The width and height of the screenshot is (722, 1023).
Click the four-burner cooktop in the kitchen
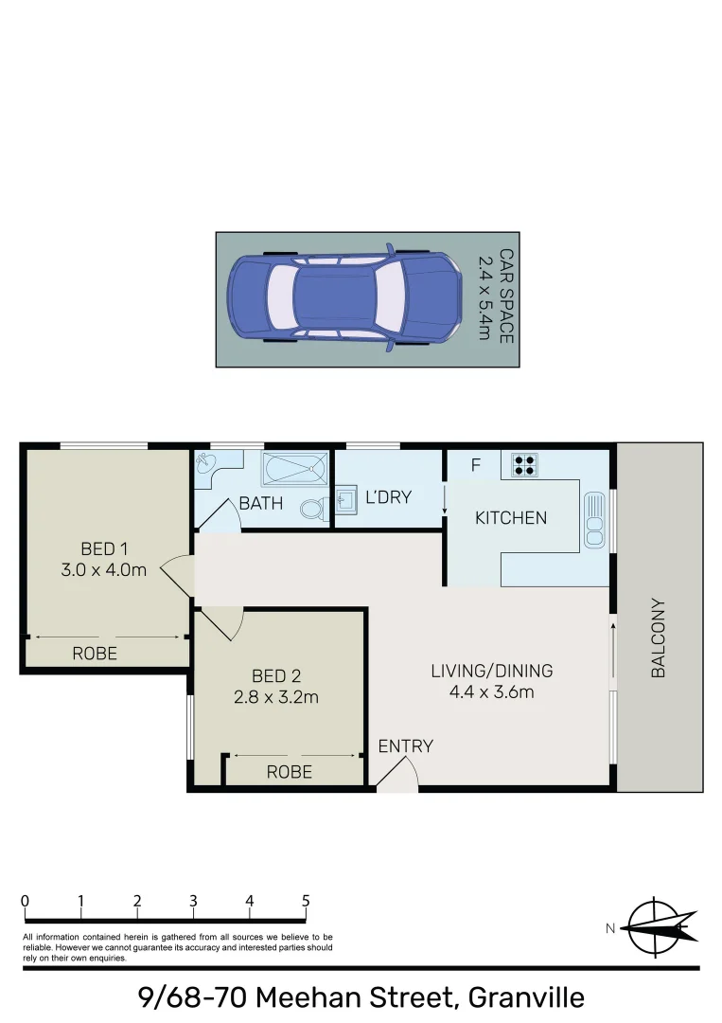(524, 464)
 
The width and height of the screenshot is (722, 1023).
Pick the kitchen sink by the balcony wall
(594, 519)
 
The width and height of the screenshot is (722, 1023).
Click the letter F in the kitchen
(476, 465)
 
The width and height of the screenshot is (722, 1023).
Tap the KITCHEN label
(511, 518)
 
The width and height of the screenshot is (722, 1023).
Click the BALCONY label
(659, 637)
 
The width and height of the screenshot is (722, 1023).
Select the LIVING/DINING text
(491, 671)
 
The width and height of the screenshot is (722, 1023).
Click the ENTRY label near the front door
(405, 746)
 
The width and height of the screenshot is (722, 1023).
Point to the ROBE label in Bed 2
(289, 772)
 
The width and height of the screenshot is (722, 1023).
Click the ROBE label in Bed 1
(95, 653)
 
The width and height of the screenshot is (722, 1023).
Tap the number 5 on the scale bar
(306, 901)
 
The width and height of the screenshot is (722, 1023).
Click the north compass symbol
(661, 925)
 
